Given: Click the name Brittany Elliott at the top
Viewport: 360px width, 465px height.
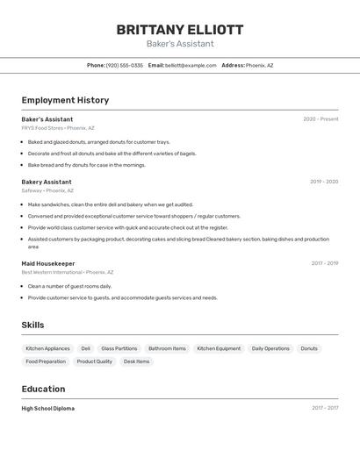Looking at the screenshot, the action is click(x=180, y=30).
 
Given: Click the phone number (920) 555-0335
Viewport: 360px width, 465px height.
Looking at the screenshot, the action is click(x=124, y=65).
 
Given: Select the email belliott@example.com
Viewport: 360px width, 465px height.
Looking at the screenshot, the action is click(x=191, y=65).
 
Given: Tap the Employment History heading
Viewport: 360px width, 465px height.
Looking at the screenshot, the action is click(x=65, y=100).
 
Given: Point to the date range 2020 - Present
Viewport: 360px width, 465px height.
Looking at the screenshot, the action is click(x=320, y=119).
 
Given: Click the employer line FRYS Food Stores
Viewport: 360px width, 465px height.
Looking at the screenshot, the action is click(x=58, y=128).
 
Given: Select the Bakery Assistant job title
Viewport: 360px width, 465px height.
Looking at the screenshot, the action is click(x=47, y=182).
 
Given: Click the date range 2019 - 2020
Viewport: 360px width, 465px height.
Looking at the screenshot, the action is click(x=324, y=182).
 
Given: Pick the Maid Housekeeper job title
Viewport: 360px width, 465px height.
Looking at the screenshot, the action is click(x=48, y=263).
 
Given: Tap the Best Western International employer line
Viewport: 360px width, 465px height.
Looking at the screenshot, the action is click(x=68, y=272).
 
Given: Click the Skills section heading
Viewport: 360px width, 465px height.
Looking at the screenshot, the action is click(x=32, y=325).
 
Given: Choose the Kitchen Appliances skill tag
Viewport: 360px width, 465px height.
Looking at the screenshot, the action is click(x=47, y=348).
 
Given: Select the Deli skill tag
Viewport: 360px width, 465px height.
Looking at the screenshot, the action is click(x=86, y=348).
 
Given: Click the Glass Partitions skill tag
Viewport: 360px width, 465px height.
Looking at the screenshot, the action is click(x=119, y=348).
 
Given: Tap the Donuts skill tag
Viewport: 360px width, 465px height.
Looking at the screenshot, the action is click(x=309, y=348).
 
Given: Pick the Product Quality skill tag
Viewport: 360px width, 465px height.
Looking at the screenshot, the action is click(x=95, y=361).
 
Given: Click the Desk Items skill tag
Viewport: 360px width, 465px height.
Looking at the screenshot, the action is click(x=136, y=361).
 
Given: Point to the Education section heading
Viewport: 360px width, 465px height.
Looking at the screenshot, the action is click(x=43, y=389).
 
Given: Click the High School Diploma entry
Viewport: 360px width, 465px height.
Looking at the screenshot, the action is click(x=48, y=408).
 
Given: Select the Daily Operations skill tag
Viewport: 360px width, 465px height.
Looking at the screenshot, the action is click(x=270, y=348).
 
